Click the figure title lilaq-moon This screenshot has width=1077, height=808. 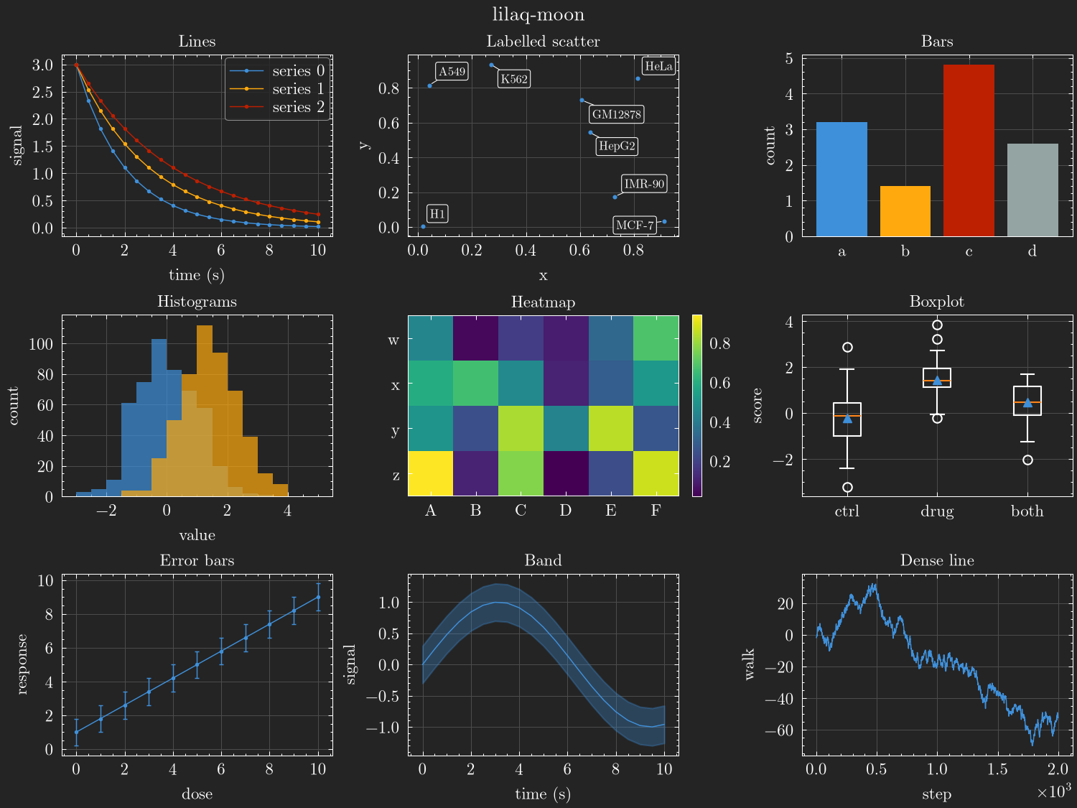click(538, 14)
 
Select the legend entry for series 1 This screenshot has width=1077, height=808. click(277, 89)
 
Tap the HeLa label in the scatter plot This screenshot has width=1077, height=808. click(658, 66)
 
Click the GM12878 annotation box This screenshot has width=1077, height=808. click(616, 114)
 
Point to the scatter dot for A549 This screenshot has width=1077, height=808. click(430, 86)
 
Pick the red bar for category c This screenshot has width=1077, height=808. click(969, 150)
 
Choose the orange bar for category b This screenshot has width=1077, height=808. click(905, 211)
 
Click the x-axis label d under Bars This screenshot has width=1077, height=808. click(1032, 251)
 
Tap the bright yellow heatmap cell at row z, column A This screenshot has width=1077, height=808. click(430, 473)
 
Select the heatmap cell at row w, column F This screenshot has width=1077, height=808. click(656, 338)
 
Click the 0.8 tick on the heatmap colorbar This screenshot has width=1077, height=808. click(720, 343)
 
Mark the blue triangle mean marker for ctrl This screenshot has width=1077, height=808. click(847, 419)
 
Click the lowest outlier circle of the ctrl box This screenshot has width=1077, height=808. click(847, 487)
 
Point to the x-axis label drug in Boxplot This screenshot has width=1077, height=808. click(937, 511)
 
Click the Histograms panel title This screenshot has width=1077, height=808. click(197, 301)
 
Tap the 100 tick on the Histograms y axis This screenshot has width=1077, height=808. click(41, 344)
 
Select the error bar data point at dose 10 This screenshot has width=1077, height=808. click(319, 597)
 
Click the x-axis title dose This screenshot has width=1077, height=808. click(197, 794)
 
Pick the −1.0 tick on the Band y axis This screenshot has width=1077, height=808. click(383, 728)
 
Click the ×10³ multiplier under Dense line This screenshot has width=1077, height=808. click(1053, 791)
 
